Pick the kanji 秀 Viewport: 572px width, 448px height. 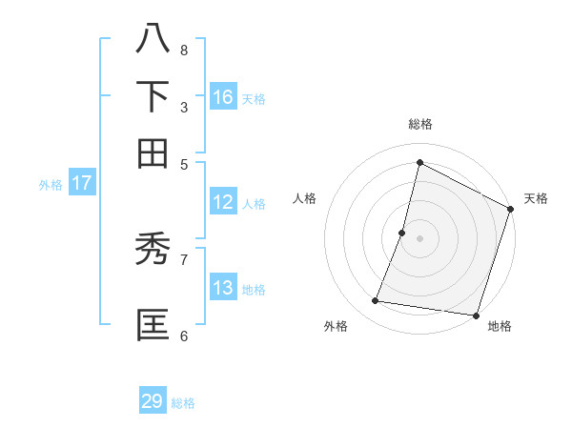(153, 249)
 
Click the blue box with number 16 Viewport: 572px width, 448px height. (223, 96)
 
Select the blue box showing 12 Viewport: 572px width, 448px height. (223, 202)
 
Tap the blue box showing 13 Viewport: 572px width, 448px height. (223, 288)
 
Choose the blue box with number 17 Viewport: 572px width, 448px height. (81, 183)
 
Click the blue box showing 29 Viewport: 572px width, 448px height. (153, 401)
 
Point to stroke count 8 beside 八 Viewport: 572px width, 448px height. (183, 50)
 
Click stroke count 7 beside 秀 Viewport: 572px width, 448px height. (183, 258)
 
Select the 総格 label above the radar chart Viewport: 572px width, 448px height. (420, 124)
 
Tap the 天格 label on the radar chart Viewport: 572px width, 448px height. (536, 198)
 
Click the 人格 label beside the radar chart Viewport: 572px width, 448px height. (305, 198)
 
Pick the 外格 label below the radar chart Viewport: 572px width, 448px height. (336, 326)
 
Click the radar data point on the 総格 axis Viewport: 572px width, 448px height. (419, 162)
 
